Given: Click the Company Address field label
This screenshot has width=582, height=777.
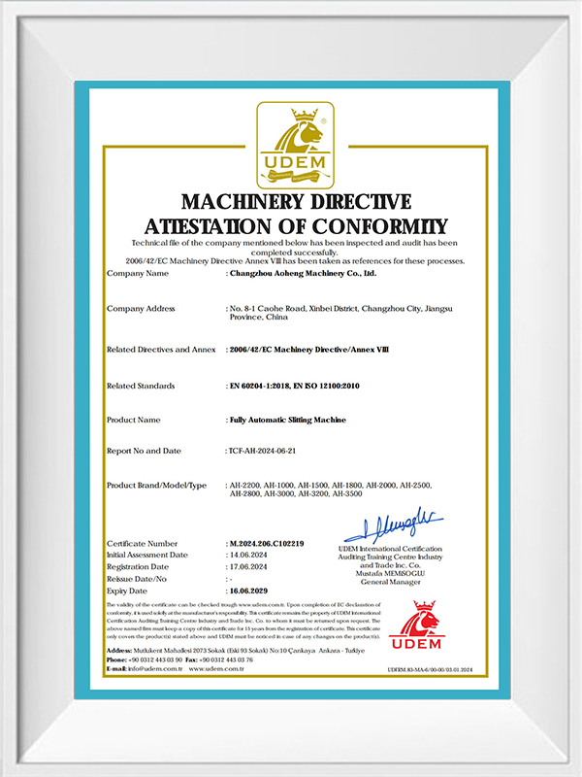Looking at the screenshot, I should pos(141,308).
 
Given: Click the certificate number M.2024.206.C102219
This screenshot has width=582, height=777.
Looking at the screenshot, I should pos(267,543).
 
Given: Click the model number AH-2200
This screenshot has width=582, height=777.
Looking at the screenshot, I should pos(243,485).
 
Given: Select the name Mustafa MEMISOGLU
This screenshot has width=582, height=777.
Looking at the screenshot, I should pos(392,572).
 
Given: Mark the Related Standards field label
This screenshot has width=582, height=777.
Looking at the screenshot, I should pos(141,386).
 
